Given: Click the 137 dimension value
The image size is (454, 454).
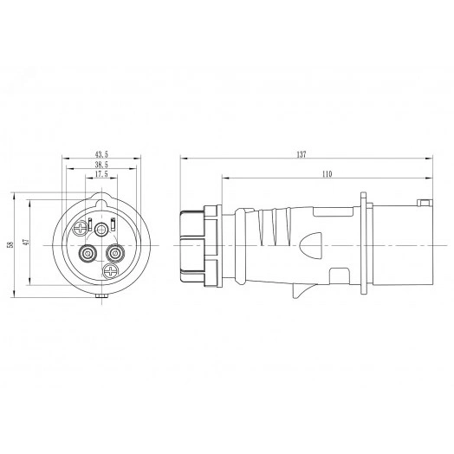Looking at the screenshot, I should (x=301, y=154).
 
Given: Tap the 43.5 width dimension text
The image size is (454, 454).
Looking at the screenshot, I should (x=101, y=154).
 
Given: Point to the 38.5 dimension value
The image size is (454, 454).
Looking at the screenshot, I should (x=101, y=164).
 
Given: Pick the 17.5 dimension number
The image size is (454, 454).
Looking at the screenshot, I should (x=101, y=173).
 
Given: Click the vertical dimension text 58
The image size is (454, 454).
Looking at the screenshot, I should (x=10, y=245).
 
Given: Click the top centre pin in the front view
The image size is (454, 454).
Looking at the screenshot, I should (x=102, y=229).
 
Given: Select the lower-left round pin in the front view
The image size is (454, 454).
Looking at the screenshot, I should (x=88, y=254).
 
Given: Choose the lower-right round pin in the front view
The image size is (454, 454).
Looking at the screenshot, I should (x=114, y=254).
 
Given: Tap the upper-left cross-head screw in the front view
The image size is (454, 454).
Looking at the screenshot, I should (x=82, y=228).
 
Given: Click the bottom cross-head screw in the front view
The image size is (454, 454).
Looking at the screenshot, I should (x=109, y=273).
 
